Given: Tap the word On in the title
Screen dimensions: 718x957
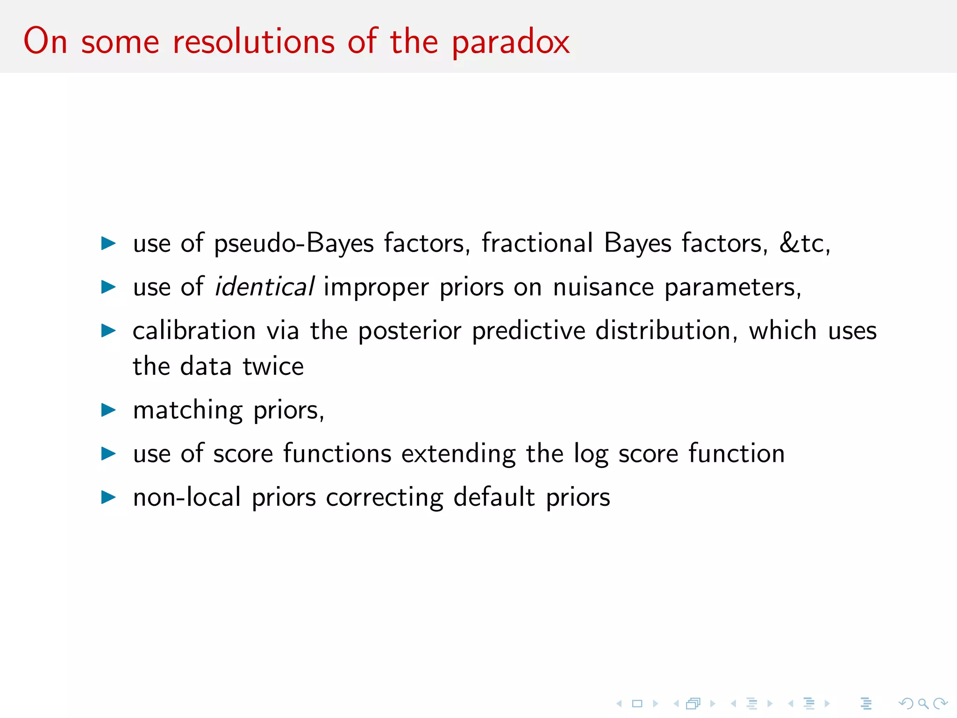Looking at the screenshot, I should click(x=45, y=41).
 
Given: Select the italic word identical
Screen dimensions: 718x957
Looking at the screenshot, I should click(x=264, y=287).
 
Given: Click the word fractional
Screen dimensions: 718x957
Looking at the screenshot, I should click(x=537, y=243).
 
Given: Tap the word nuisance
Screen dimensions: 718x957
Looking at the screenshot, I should click(x=603, y=287).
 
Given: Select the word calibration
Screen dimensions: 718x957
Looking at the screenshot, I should click(x=194, y=331).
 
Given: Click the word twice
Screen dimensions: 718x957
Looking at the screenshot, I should click(x=273, y=366).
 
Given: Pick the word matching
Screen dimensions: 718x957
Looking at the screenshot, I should click(x=188, y=410).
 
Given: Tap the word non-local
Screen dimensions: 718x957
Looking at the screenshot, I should click(x=187, y=497).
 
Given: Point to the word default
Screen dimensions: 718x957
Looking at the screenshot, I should click(x=494, y=497).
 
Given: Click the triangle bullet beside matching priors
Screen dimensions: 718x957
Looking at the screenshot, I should click(x=108, y=410).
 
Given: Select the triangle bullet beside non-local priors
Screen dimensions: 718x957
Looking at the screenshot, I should click(x=108, y=497).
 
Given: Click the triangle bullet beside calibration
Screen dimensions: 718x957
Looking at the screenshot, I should click(x=108, y=331).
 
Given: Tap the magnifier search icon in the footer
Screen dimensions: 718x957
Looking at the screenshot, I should click(x=923, y=704).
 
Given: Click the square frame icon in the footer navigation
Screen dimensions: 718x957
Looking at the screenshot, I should click(x=637, y=704).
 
